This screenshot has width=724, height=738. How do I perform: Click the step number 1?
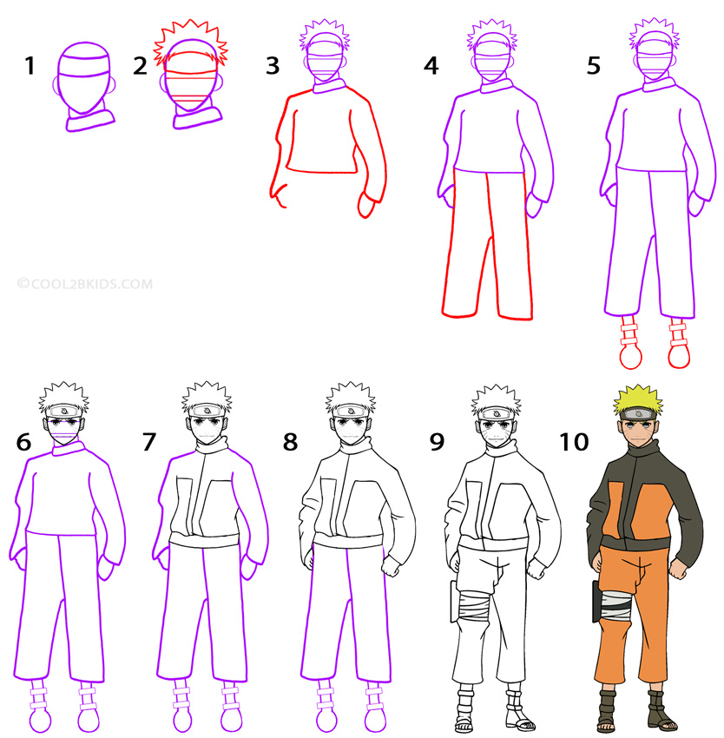pyautogui.click(x=30, y=65)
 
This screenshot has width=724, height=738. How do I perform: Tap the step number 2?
pyautogui.click(x=140, y=66)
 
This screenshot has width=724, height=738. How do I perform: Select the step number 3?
pyautogui.click(x=273, y=66)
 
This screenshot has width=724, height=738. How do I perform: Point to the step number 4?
pyautogui.click(x=431, y=66)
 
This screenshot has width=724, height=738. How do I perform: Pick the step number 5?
pyautogui.click(x=594, y=66)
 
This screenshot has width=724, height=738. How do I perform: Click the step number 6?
pyautogui.click(x=23, y=442)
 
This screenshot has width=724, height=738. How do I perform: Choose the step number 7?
pyautogui.click(x=149, y=442)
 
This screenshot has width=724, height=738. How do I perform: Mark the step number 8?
pyautogui.click(x=290, y=442)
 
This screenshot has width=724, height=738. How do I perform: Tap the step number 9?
pyautogui.click(x=437, y=442)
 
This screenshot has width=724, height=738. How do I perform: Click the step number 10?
pyautogui.click(x=574, y=442)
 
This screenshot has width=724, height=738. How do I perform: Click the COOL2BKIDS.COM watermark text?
pyautogui.click(x=85, y=284)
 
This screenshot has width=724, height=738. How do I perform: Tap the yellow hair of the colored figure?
pyautogui.click(x=638, y=399)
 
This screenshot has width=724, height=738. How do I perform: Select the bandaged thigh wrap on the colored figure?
pyautogui.click(x=615, y=604)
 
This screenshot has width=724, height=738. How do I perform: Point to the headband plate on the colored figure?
pyautogui.click(x=638, y=413)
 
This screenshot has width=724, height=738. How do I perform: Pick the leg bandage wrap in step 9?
pyautogui.click(x=474, y=608)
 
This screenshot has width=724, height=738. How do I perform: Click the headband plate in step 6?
pyautogui.click(x=64, y=412)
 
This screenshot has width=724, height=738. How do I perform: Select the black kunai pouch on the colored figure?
pyautogui.click(x=596, y=602)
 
